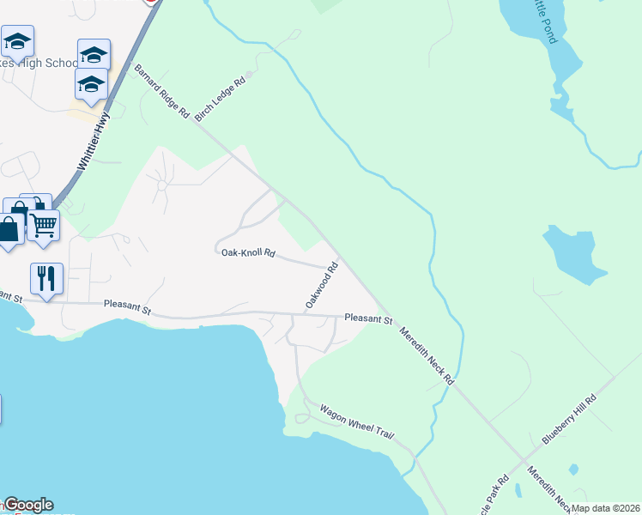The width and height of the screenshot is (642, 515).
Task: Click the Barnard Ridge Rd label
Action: tap(160, 90)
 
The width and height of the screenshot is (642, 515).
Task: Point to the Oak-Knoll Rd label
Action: tap(248, 252)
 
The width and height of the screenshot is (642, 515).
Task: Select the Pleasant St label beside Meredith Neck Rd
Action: tap(368, 318)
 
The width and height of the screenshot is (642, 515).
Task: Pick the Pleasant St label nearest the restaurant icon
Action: tap(127, 305)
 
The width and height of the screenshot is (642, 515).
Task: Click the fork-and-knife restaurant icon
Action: tap(46, 278)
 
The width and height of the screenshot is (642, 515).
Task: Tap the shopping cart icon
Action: tap(43, 226)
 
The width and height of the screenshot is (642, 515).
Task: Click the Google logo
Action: tap(27, 505)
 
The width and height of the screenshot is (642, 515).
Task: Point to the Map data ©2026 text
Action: tap(605, 508)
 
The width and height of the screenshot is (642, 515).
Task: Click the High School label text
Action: tap(51, 63)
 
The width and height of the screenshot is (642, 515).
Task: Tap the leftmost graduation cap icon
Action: tap(17, 40)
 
